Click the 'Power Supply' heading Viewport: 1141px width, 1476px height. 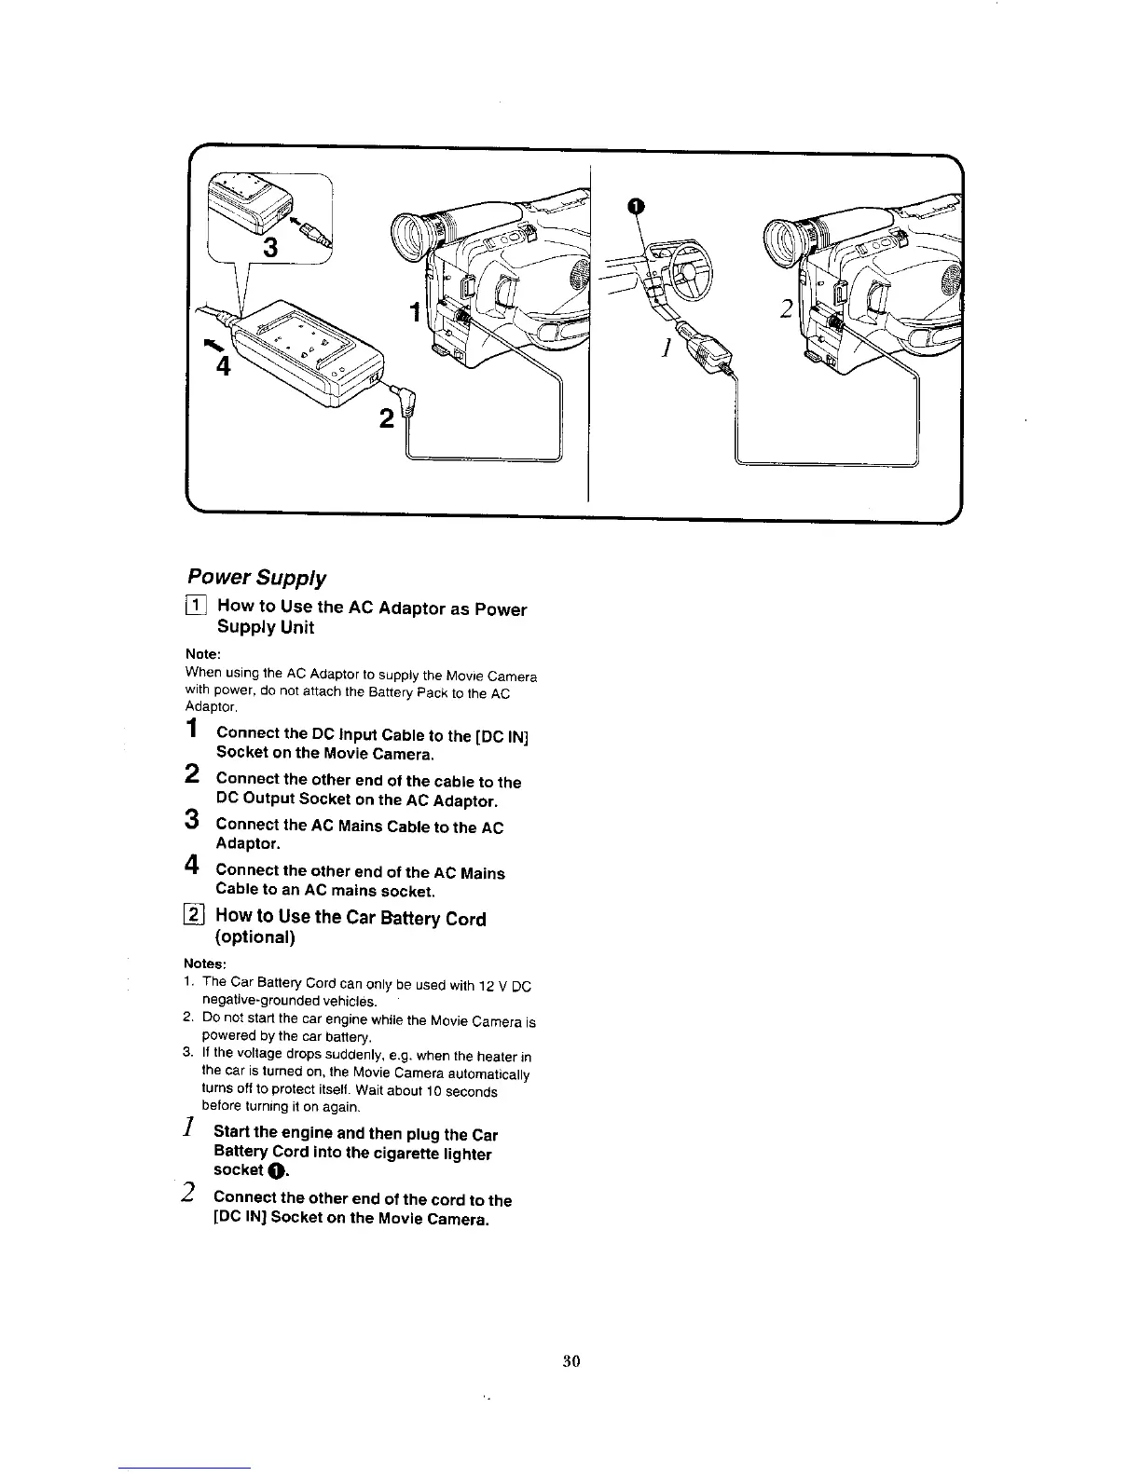[x=256, y=579]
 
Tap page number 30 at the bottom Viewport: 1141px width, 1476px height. [x=571, y=1360]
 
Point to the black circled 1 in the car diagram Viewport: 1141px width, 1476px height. [x=634, y=207]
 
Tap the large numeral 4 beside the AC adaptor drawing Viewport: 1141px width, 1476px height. [x=222, y=364]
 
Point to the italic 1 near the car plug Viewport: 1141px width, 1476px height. [x=666, y=349]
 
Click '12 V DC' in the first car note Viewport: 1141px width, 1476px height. [x=504, y=985]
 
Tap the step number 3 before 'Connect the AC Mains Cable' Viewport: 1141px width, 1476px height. [x=191, y=820]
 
